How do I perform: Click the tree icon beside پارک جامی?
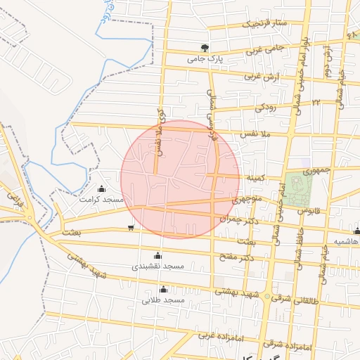[205, 48]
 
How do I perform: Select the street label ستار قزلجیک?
[266, 23]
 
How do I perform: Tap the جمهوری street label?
[316, 170]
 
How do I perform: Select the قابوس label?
[309, 210]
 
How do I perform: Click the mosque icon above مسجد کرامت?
[102, 188]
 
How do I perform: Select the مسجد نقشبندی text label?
[157, 266]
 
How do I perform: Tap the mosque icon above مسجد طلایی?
[163, 289]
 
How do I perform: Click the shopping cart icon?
[131, 227]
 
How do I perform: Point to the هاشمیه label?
[346, 241]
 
